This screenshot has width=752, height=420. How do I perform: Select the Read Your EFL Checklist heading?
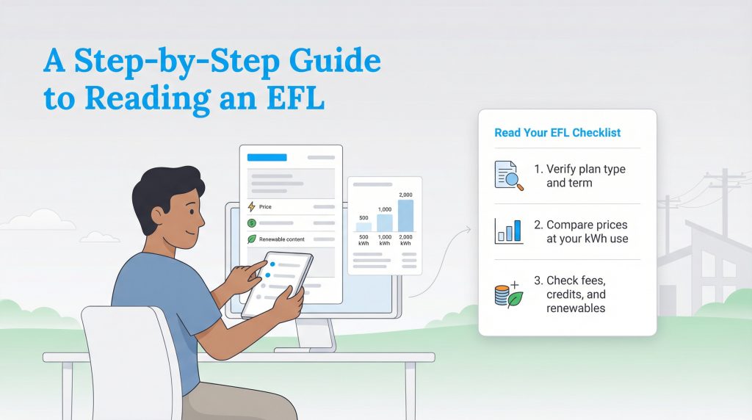click(557, 133)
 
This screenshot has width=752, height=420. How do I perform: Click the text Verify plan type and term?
click(585, 175)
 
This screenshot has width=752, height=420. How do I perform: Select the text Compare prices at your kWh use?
click(587, 231)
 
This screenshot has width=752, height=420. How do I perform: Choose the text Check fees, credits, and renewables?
click(580, 294)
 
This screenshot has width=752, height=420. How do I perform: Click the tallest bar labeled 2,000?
click(405, 215)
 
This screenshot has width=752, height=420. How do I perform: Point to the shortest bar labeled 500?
click(364, 227)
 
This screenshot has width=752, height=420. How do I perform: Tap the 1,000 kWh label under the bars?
click(385, 241)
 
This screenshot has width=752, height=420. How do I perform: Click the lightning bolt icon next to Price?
click(252, 207)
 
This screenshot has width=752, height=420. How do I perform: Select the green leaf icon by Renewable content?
click(252, 239)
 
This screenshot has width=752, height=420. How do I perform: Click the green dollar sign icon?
click(252, 222)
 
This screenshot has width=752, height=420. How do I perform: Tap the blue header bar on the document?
click(267, 157)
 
